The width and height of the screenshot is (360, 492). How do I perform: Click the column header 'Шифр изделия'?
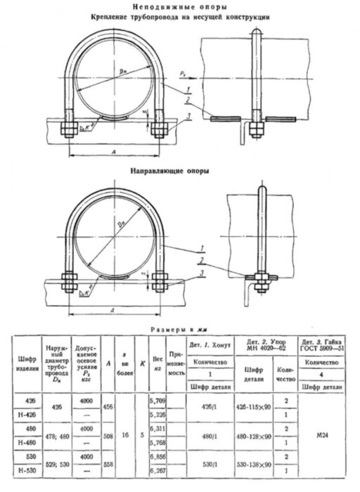coord(22,364)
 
